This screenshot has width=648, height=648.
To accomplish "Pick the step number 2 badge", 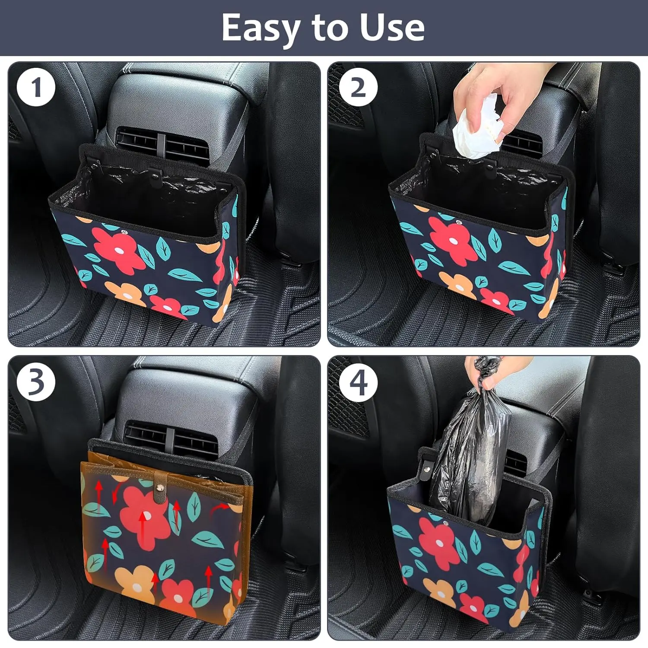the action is [x=358, y=88].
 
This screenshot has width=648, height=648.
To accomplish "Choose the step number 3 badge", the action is [x=36, y=382].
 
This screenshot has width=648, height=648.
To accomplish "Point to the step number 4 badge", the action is [x=358, y=382].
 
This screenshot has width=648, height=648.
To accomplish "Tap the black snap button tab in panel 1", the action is [x=154, y=173].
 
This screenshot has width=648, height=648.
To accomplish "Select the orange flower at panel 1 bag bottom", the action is [x=127, y=293].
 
